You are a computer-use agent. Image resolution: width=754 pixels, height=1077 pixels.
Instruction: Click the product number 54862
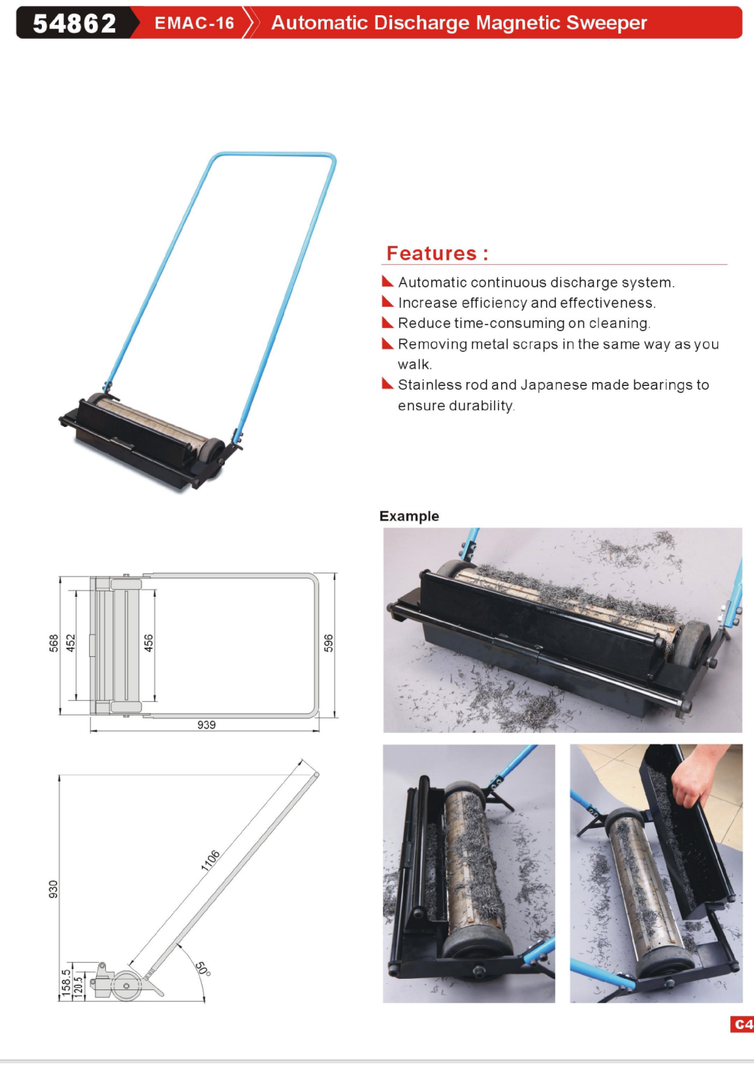pyautogui.click(x=74, y=24)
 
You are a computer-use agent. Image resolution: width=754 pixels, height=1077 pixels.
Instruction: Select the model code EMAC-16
pyautogui.click(x=194, y=23)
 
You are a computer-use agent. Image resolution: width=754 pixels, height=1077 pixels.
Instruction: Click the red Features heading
pyautogui.click(x=437, y=253)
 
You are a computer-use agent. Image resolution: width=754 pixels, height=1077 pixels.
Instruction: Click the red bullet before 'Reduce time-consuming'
pyautogui.click(x=388, y=322)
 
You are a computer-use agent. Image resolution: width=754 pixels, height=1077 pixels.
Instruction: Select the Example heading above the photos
pyautogui.click(x=409, y=516)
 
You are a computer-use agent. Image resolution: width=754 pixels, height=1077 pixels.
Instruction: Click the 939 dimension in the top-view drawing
pyautogui.click(x=206, y=725)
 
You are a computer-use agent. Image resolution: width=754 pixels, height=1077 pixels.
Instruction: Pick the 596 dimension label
pyautogui.click(x=329, y=643)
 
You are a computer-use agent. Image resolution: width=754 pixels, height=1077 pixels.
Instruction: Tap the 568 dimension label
pyautogui.click(x=53, y=643)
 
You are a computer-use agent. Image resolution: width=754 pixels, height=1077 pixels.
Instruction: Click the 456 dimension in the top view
pyautogui.click(x=149, y=643)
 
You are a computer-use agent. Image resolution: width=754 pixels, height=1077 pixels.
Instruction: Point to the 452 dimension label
pyautogui.click(x=71, y=643)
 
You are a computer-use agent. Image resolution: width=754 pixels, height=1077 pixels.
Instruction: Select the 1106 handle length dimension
pyautogui.click(x=211, y=860)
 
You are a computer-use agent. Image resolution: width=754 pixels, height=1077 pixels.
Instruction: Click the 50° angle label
pyautogui.click(x=203, y=970)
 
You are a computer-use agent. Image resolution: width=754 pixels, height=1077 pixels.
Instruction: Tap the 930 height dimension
pyautogui.click(x=53, y=890)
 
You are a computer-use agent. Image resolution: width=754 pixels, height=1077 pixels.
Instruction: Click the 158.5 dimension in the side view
pyautogui.click(x=66, y=983)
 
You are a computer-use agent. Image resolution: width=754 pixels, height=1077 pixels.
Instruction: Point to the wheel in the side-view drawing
pyautogui.click(x=126, y=986)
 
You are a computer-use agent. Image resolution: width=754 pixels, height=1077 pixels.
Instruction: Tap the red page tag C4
pyautogui.click(x=742, y=1024)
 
